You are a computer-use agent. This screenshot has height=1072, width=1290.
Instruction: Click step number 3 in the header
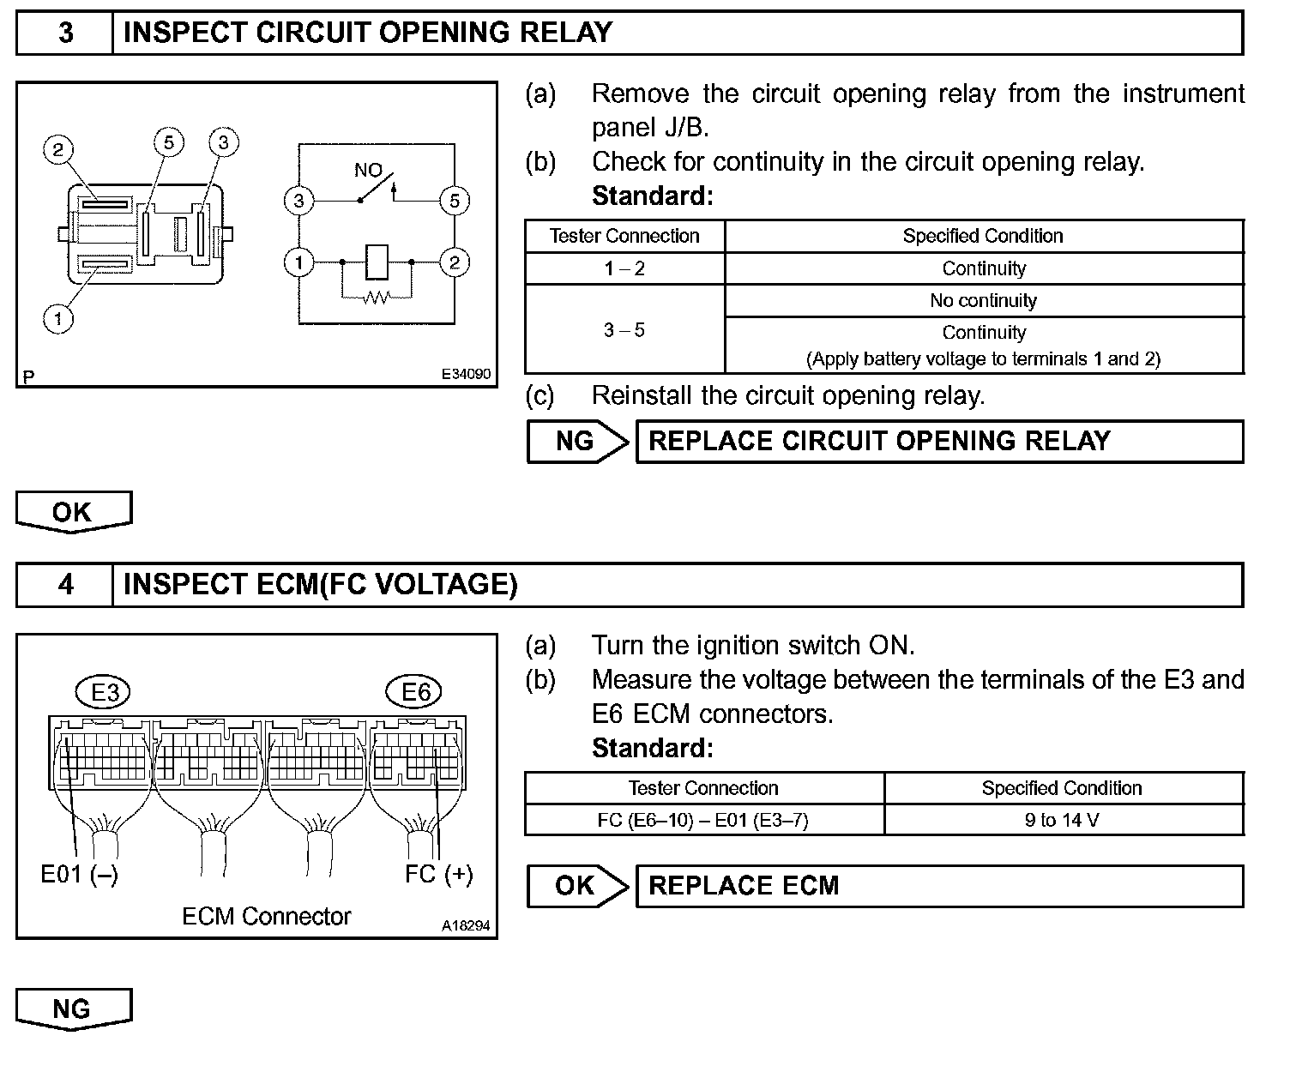tap(65, 33)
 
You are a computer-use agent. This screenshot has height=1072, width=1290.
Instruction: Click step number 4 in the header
tap(65, 585)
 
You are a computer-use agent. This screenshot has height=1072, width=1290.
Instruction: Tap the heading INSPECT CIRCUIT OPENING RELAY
tap(368, 33)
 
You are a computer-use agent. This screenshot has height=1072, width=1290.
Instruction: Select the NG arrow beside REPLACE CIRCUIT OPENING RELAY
tap(576, 442)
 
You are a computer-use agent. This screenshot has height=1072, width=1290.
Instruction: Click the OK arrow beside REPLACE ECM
tap(576, 886)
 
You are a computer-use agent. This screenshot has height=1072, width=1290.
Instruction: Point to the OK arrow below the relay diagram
tap(73, 512)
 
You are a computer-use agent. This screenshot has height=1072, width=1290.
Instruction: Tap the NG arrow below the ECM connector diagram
tap(73, 1009)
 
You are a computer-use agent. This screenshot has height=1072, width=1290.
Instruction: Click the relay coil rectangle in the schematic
tap(377, 262)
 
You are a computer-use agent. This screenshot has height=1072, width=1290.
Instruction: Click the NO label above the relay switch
tap(368, 171)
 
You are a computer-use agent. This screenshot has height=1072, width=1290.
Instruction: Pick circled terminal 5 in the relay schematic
tap(454, 201)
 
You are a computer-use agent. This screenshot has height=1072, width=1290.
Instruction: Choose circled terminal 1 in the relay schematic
tap(299, 262)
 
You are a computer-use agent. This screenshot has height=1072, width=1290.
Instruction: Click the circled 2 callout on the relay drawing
tap(57, 150)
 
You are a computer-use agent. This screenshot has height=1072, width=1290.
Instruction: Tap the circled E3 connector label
tap(105, 691)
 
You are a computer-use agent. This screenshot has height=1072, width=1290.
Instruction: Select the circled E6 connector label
tap(415, 691)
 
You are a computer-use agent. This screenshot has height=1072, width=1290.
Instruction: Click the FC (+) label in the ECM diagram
tap(438, 874)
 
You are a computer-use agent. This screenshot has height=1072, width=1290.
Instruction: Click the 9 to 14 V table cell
tap(1062, 820)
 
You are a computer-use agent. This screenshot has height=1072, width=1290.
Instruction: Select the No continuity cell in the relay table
tap(983, 301)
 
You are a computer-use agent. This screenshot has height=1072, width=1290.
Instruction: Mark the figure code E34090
tap(466, 375)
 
